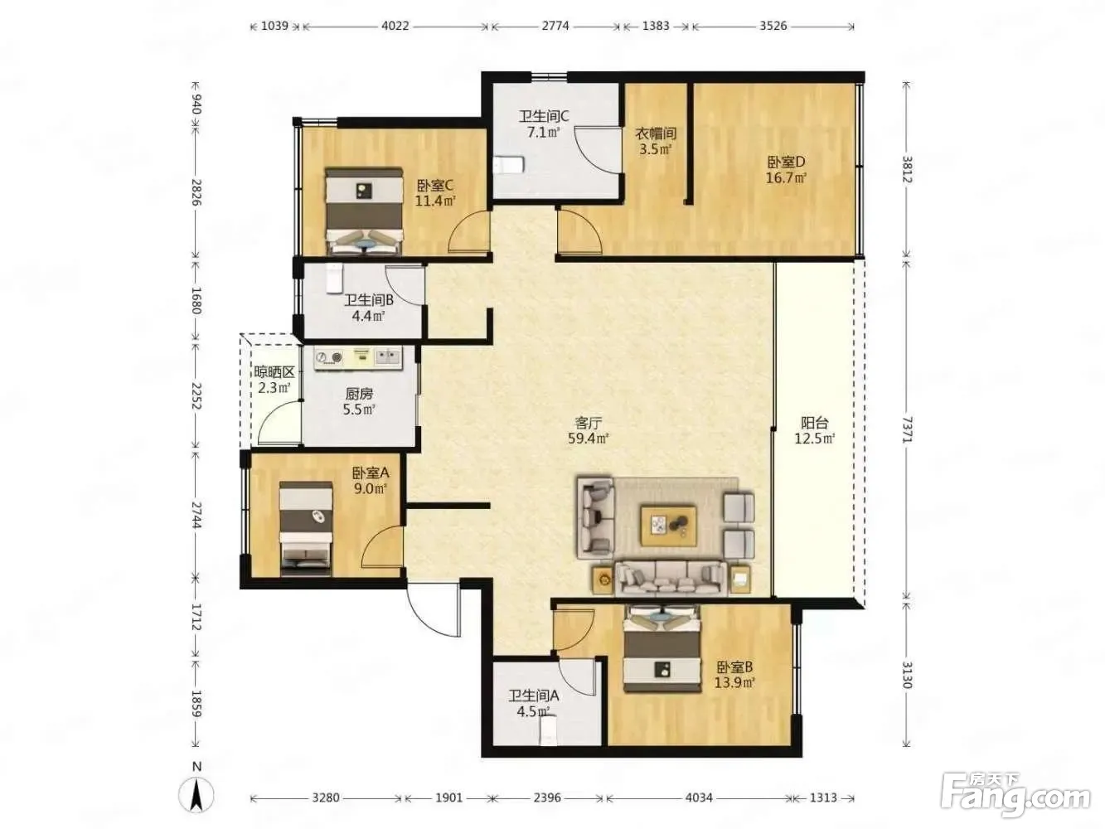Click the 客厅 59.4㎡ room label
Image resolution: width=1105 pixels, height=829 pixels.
[588, 430]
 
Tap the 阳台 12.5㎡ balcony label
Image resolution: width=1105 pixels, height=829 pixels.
[815, 430]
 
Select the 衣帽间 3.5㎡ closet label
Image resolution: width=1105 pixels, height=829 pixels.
[656, 142]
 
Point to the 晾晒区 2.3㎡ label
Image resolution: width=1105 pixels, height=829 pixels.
[274, 380]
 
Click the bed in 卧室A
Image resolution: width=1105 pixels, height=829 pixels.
[306, 528]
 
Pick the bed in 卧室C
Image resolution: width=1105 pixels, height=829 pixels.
[364, 211]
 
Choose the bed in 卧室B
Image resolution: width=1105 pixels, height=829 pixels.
[662, 649]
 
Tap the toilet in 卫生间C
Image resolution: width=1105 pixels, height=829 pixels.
[508, 165]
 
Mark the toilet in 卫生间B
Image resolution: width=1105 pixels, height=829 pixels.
[334, 279]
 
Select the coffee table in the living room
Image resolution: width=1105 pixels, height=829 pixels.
[668, 526]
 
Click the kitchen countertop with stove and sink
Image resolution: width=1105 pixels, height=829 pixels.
[358, 358]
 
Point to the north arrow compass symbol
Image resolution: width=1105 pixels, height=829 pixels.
[196, 795]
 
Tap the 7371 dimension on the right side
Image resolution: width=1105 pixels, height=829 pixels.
[907, 429]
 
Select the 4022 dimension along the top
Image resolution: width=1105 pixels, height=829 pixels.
[395, 26]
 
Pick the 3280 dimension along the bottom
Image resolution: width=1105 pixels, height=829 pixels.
[326, 797]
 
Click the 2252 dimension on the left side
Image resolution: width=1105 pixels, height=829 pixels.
[196, 396]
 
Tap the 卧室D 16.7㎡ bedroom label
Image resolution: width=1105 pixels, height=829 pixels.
[787, 170]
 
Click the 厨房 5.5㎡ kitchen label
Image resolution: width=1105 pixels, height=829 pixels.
[359, 401]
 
